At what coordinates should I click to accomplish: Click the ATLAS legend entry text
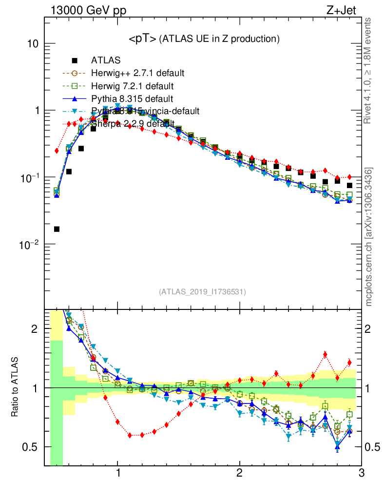coord(106,60)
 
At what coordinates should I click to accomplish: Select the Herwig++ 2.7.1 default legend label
coord(137,74)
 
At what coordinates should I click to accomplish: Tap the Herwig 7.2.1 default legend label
coord(132,86)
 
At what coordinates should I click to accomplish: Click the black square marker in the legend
coord(75,60)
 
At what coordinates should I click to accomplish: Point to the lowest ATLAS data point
coord(57,229)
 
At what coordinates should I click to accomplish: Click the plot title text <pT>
coord(142,39)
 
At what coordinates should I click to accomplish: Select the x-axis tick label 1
coord(118,473)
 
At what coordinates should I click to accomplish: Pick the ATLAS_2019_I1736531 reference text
coord(202,292)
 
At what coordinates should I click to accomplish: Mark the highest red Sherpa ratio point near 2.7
coord(325,354)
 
